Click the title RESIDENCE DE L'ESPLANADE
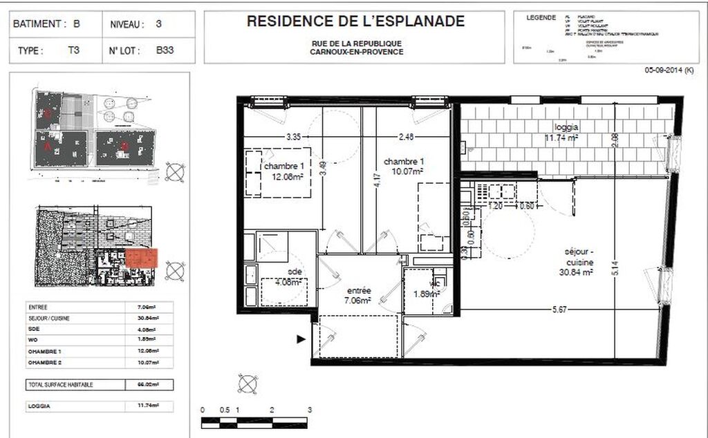(x=356, y=21)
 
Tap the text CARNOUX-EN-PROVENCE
(x=356, y=52)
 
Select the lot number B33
(x=165, y=50)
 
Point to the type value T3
(x=73, y=50)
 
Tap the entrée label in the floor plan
(x=357, y=291)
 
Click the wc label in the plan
(x=435, y=283)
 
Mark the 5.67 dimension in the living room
(x=559, y=310)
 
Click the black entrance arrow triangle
(x=301, y=339)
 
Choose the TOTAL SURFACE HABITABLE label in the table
(x=60, y=384)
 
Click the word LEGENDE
(x=541, y=17)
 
